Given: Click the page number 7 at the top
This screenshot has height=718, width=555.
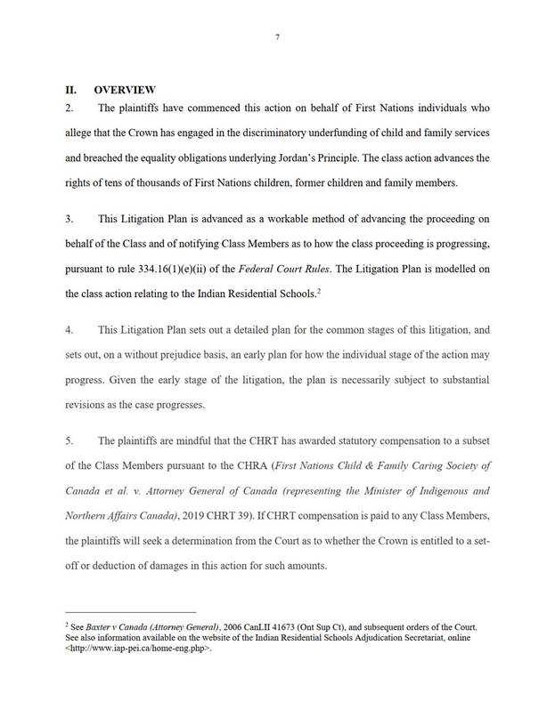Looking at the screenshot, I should (x=277, y=35).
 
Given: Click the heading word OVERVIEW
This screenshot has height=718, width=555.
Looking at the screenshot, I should (x=125, y=89).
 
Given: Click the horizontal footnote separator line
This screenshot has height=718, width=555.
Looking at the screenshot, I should (x=130, y=612).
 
